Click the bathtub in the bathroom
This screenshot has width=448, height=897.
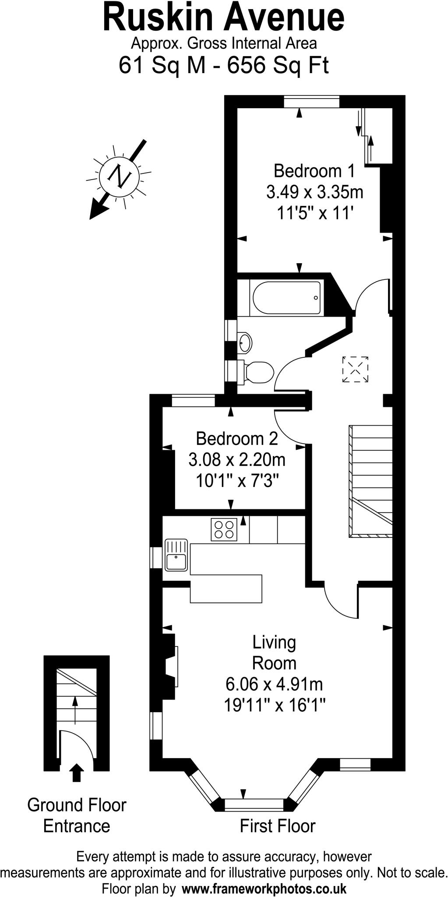pos(286,298)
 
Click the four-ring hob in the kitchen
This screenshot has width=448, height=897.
pos(224,529)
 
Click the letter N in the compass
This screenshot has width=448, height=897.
pos(119,176)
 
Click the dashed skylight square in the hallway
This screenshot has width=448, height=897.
pos(355,369)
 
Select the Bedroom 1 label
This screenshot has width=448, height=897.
pos(314,171)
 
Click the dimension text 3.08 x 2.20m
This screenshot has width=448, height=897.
pos(237,460)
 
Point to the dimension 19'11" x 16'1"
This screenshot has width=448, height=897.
pos(275,705)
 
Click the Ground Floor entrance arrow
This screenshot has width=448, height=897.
pos(77,773)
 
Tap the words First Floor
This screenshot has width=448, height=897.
pos(277,826)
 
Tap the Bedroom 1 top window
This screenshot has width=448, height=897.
pos(311,102)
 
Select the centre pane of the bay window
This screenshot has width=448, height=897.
pos(254,804)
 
